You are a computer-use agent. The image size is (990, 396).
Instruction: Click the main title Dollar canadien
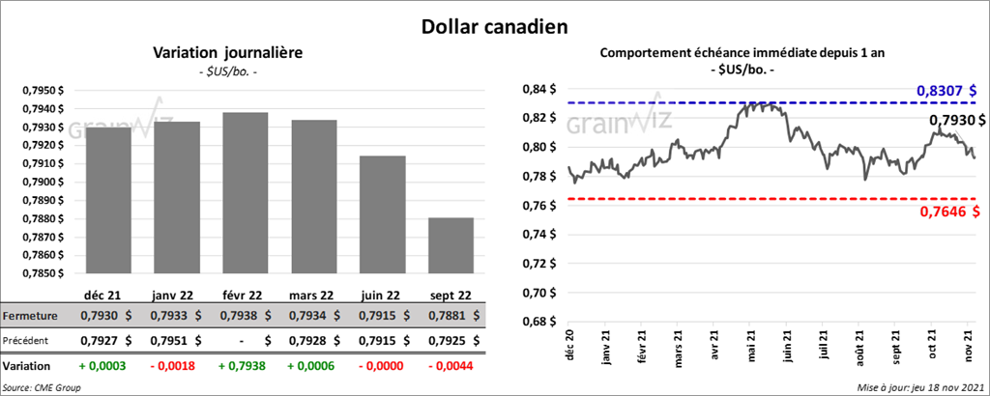click(494, 25)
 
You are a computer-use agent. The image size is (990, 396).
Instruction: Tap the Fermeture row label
click(30, 316)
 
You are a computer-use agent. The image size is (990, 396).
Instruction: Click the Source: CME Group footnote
click(43, 387)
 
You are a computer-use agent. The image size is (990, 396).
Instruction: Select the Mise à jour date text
click(921, 387)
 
